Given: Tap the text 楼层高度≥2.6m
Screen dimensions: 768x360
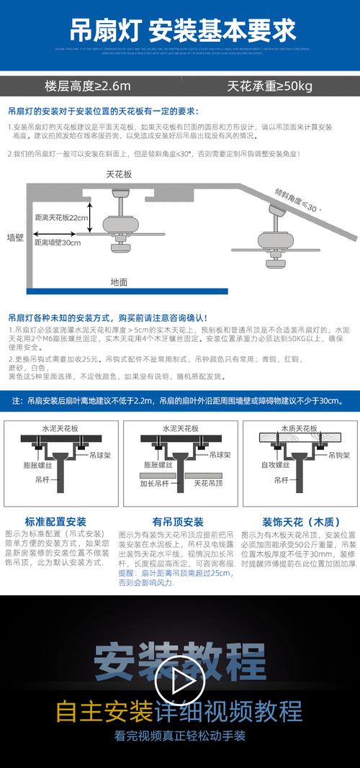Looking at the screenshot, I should tap(88, 86).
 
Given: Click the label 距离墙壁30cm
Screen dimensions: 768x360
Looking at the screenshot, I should tap(58, 243).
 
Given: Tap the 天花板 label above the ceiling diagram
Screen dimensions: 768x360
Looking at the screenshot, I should tap(99, 174).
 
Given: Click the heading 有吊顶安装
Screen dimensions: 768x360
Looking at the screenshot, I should tap(177, 522).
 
